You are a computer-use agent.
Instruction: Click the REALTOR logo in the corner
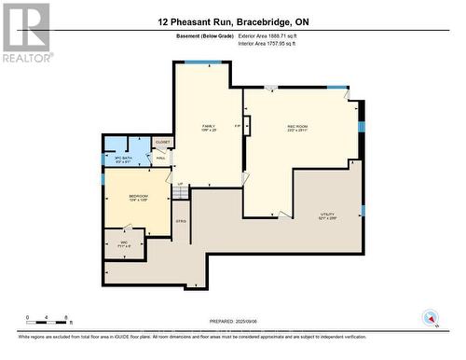click(x=25, y=32)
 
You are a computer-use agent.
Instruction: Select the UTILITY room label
click(x=325, y=215)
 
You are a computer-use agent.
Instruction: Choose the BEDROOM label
click(x=126, y=198)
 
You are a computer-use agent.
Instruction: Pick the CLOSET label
click(x=162, y=143)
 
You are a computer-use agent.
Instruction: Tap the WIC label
click(x=123, y=243)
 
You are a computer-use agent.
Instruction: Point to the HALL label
click(x=160, y=159)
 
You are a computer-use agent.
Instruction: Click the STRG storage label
click(x=182, y=221)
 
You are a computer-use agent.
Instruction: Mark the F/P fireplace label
click(x=238, y=125)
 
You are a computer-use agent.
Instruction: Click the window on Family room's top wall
click(x=202, y=62)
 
